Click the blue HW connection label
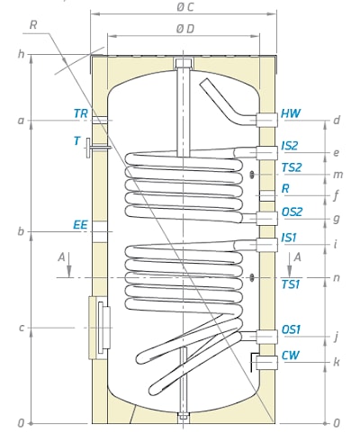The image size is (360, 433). point(291,113)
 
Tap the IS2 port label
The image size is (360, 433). point(290,146)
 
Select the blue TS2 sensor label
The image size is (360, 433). point(292,167)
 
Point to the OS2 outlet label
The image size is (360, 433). point(292,212)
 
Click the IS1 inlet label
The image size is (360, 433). point(289,238)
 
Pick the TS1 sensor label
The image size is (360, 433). point(291,284)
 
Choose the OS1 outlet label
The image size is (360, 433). point(291,329)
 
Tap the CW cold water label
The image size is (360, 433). point(291,356)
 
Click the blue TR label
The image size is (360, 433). point(81,113)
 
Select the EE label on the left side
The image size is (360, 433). point(80,225)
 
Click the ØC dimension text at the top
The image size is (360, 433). point(185,7)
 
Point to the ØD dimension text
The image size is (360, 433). point(185,29)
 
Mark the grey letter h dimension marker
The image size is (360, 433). point(21,54)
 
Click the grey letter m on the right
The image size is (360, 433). point(337,175)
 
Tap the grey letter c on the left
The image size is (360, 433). point(21,328)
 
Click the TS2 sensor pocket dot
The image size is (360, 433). point(252,175)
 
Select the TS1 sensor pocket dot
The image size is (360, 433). point(252,277)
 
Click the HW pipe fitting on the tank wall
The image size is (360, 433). point(266,120)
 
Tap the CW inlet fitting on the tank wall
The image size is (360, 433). point(266,363)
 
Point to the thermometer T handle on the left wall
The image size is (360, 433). point(88,148)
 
